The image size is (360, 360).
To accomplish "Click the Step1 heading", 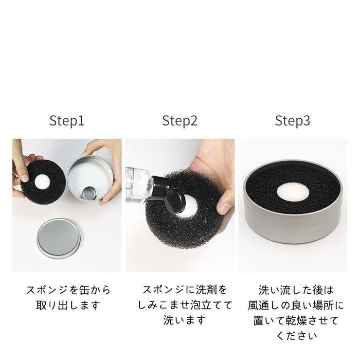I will click(x=67, y=121).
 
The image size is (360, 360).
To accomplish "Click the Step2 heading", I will click(x=180, y=121).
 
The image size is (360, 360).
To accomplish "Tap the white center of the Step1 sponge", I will click(x=42, y=182).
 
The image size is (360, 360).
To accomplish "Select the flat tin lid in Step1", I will click(x=58, y=238).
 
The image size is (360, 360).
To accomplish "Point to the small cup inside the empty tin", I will click(x=89, y=194).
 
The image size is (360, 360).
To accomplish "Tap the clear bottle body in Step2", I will click(x=139, y=183).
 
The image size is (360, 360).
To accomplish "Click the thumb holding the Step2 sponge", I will click(x=225, y=204).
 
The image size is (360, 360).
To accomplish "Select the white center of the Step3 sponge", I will click(x=292, y=191).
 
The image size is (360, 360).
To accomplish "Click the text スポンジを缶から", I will click(x=68, y=290).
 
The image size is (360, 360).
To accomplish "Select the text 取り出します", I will click(x=68, y=306).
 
